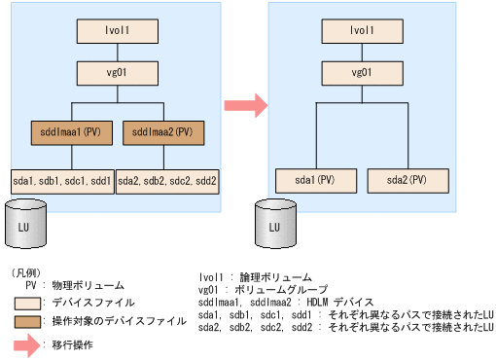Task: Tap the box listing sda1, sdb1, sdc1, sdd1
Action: tap(62, 180)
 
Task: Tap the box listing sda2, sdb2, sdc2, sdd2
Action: tap(166, 180)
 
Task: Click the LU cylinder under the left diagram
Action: tap(25, 226)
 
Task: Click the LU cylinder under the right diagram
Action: tap(274, 226)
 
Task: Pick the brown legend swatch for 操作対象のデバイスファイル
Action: tap(32, 320)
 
